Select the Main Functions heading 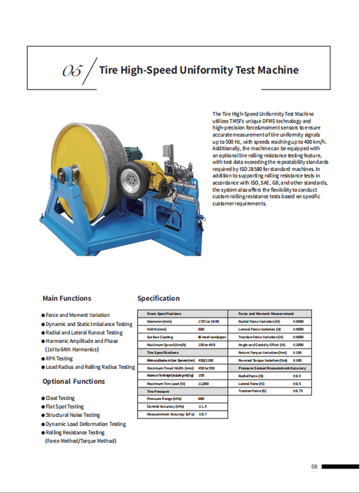pyautogui.click(x=66, y=298)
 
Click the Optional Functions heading pyautogui.click(x=73, y=381)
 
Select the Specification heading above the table pyautogui.click(x=159, y=298)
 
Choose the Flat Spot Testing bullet pyautogui.click(x=64, y=406)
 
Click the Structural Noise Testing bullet pyautogui.click(x=74, y=416)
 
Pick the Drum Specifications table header pyautogui.click(x=164, y=313)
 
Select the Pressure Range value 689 pyautogui.click(x=201, y=399)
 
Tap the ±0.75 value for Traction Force pyautogui.click(x=297, y=391)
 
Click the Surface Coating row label pyautogui.click(x=160, y=337)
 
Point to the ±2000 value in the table pyautogui.click(x=297, y=344)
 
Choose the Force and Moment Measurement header pyautogui.click(x=266, y=313)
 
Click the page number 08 pyautogui.click(x=315, y=466)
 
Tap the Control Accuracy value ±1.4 pyautogui.click(x=201, y=406)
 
